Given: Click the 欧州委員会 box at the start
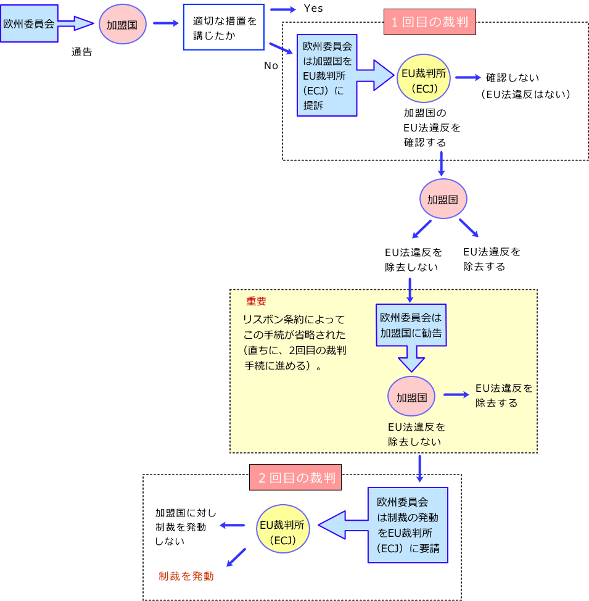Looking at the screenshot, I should (x=29, y=23).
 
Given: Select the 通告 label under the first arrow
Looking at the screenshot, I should (x=81, y=52).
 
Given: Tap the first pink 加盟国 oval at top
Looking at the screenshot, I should (x=122, y=26).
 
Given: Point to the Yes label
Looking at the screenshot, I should (x=313, y=9).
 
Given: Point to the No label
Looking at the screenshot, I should (x=271, y=65).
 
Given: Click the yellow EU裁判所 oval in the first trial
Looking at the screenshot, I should (x=423, y=80).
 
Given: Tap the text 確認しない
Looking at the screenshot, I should (x=513, y=78).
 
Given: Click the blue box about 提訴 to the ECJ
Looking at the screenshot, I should (x=327, y=75).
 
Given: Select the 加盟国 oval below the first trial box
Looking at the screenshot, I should (x=442, y=199).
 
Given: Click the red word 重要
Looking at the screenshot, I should (x=257, y=301).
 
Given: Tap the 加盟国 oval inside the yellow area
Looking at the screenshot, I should (x=411, y=396).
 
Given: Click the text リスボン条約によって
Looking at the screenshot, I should (x=294, y=320).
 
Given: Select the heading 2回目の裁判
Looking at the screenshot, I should (x=295, y=478).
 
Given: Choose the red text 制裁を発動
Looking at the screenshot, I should (x=186, y=576).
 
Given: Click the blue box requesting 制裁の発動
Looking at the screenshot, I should (x=408, y=524).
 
